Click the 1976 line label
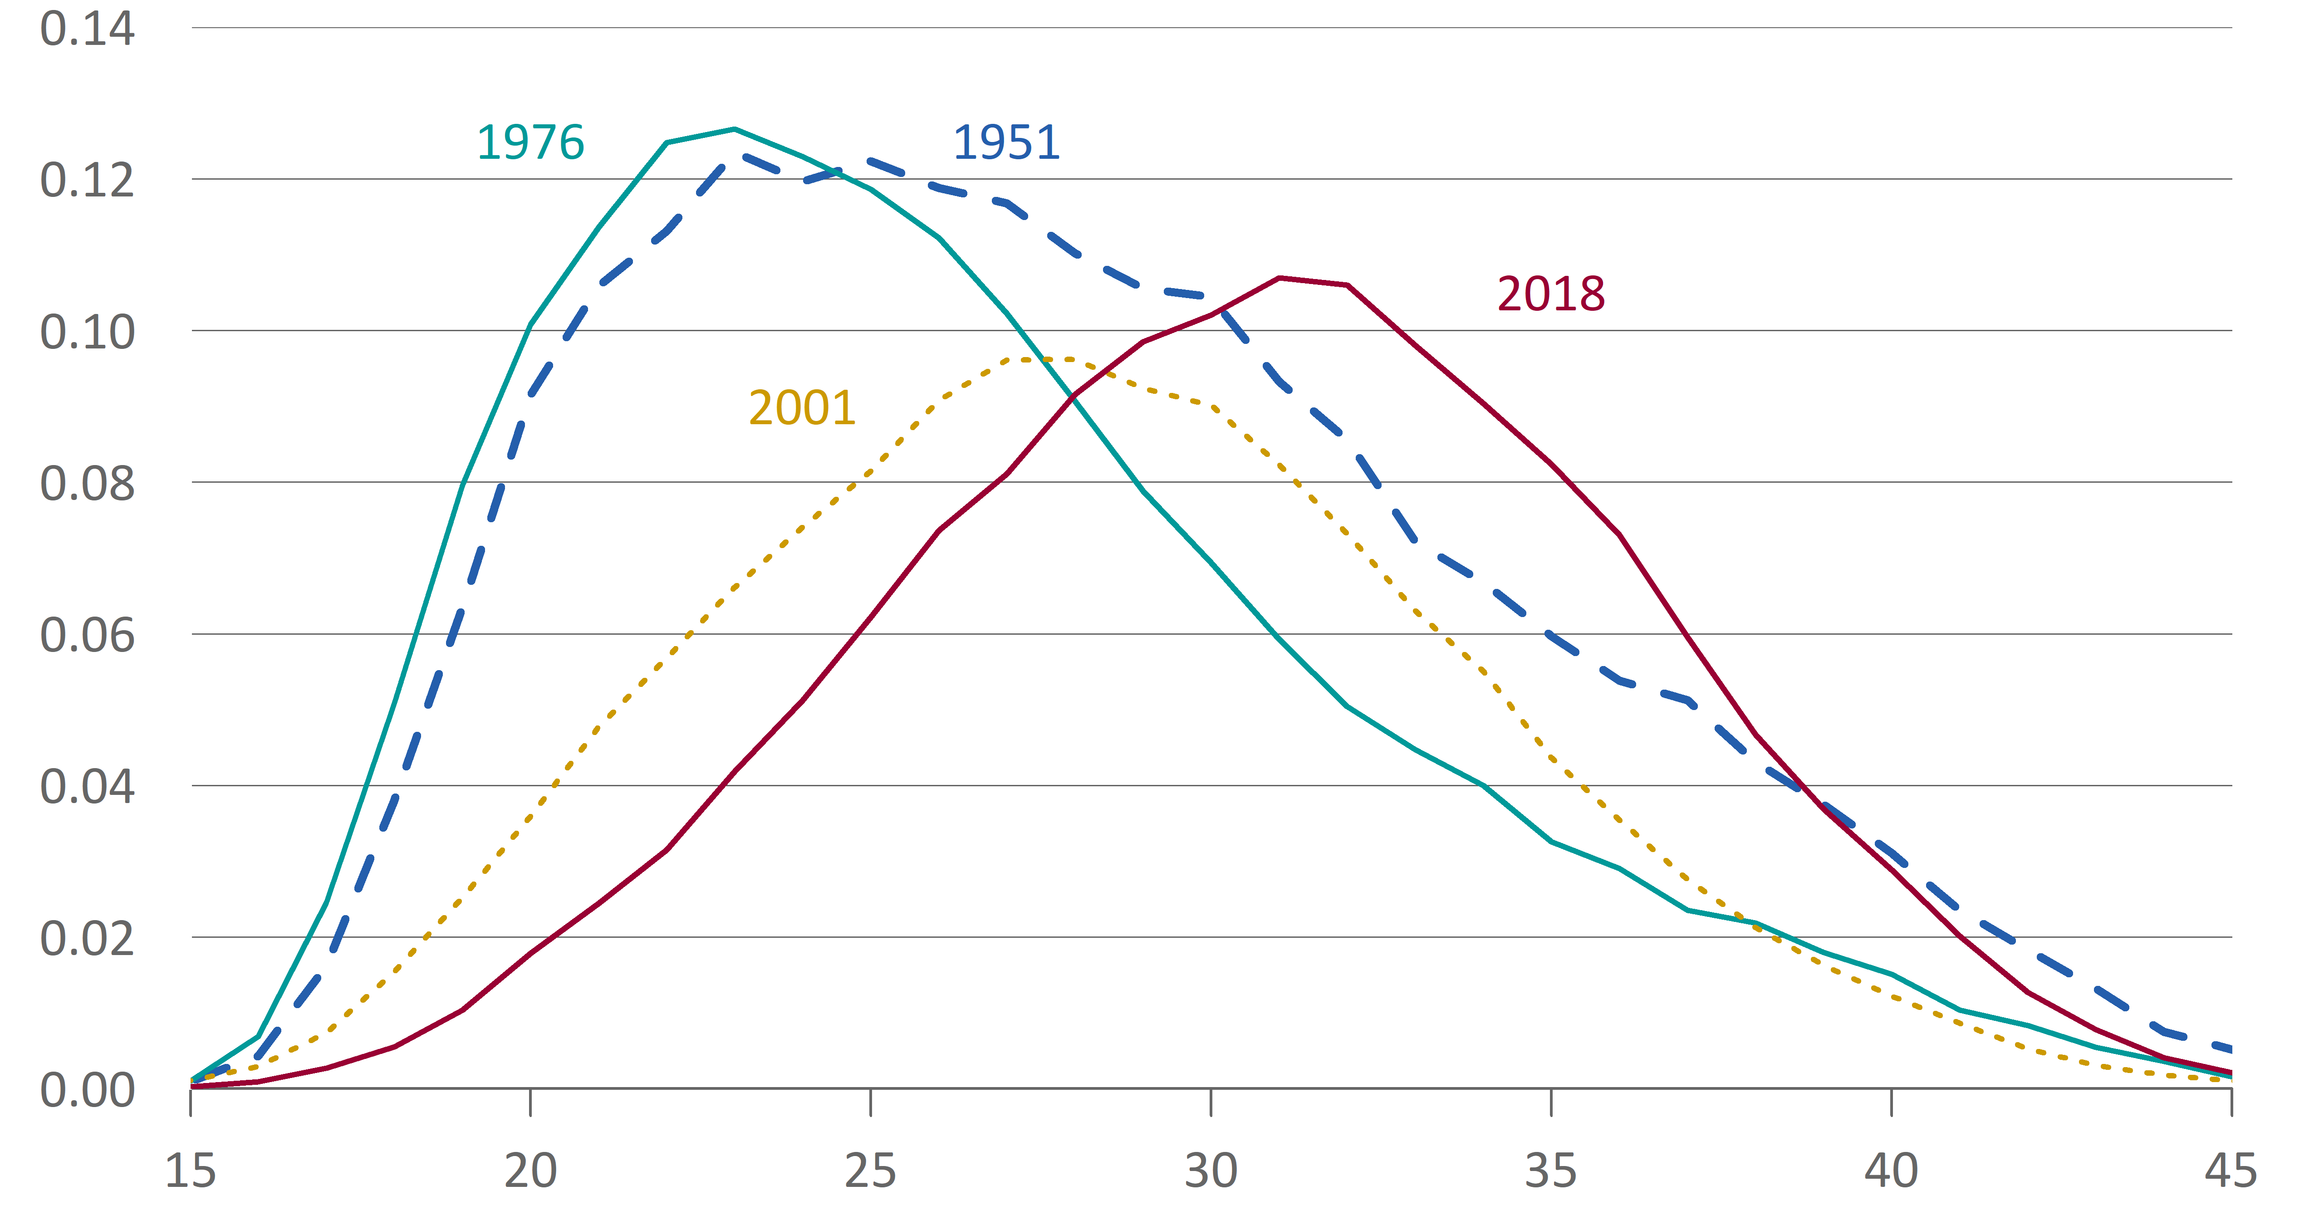tap(530, 143)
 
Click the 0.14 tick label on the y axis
tap(87, 29)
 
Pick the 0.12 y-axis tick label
tap(87, 181)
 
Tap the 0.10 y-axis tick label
tap(87, 332)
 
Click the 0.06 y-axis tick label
tap(87, 636)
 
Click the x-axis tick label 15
tap(191, 1171)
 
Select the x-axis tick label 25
tap(870, 1171)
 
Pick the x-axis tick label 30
tap(1211, 1171)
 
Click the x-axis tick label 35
tap(1551, 1171)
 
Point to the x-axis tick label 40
tap(1891, 1171)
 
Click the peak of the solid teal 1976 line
tap(734, 129)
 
